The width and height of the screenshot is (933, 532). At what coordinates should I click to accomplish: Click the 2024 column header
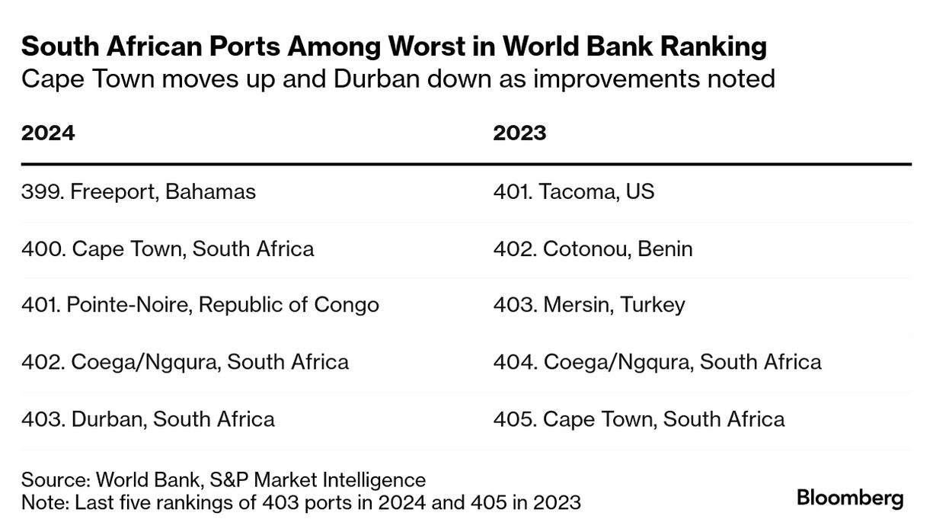(x=48, y=133)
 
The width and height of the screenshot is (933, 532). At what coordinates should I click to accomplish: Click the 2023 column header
(x=519, y=133)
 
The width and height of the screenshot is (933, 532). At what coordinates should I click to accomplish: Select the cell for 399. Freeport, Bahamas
(x=139, y=191)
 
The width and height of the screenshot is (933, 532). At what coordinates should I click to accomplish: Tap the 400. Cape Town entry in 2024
(x=168, y=248)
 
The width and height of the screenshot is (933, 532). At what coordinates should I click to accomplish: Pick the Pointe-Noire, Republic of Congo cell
(x=200, y=305)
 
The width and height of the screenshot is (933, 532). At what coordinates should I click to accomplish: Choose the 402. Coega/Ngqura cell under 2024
(x=185, y=361)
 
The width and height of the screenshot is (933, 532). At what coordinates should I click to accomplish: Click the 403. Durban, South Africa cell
(x=148, y=418)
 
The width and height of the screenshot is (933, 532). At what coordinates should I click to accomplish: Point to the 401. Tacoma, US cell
(x=574, y=191)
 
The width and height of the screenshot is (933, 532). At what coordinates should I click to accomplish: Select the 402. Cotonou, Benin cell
(x=593, y=248)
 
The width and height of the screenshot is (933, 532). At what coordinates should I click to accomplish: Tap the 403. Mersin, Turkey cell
(x=589, y=305)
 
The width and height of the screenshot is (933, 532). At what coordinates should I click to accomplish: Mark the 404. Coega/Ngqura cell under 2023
(x=657, y=361)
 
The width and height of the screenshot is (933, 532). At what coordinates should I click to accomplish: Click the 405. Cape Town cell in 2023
(x=638, y=418)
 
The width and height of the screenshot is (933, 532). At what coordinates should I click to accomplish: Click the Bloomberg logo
(x=850, y=499)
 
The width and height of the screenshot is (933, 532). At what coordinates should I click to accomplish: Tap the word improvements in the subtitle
(x=621, y=79)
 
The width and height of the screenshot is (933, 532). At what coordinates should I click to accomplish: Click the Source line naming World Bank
(x=223, y=480)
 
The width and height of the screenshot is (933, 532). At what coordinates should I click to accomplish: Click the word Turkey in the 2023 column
(x=653, y=305)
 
